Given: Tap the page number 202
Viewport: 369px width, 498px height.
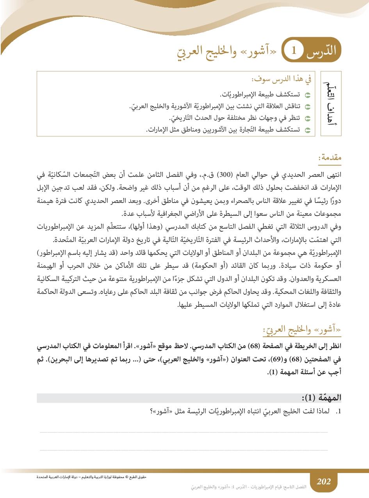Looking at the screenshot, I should click(x=324, y=481).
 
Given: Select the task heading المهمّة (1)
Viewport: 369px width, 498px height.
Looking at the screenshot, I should click(x=324, y=398).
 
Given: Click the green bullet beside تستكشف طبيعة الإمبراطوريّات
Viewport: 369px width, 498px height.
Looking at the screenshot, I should click(x=307, y=95).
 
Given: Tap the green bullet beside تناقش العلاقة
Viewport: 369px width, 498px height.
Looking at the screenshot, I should click(x=307, y=107).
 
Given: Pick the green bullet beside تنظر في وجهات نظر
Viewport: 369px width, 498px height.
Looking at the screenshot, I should click(x=307, y=118).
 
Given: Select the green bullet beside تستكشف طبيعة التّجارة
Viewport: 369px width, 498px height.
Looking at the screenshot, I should click(x=307, y=130).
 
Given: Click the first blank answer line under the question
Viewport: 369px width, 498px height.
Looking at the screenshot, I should click(x=184, y=432).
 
